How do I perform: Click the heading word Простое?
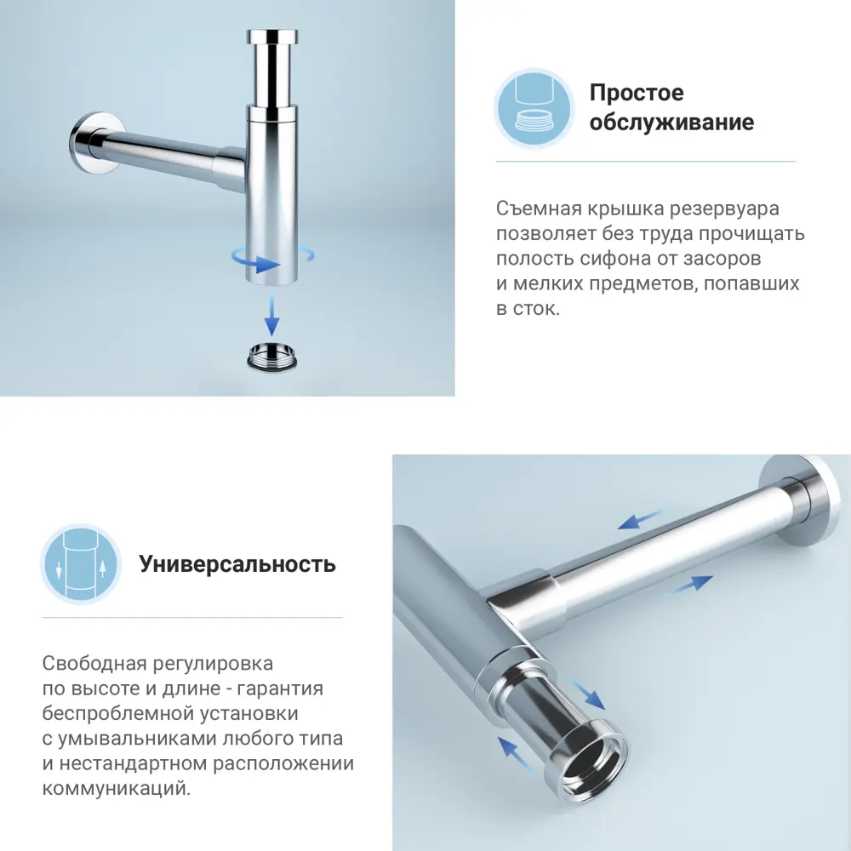[x=637, y=93]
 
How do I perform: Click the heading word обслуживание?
[x=671, y=123]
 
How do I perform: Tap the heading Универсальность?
[x=237, y=564]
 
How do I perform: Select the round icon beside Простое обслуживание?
[x=534, y=108]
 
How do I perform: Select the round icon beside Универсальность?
[x=81, y=564]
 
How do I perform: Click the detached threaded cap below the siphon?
[x=272, y=355]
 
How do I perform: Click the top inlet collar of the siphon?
[x=271, y=40]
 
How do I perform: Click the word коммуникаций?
[x=116, y=789]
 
